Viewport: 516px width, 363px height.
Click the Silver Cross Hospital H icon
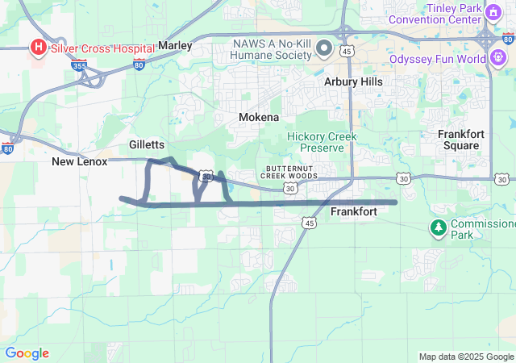pos(38,48)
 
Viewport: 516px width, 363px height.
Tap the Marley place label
pos(175,45)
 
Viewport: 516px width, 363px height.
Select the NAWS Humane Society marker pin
pos(324,48)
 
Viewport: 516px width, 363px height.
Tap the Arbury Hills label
pos(353,82)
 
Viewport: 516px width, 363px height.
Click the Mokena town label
pos(259,118)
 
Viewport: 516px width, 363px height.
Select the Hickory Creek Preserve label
pos(322,143)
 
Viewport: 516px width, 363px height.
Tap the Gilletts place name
pos(147,144)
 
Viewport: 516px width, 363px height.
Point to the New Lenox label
pos(79,162)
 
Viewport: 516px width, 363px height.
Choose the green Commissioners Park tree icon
pos(439,228)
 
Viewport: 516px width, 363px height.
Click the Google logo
pos(27,353)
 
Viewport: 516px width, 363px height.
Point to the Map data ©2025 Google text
pos(466,357)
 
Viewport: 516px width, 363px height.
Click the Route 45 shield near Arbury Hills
pos(346,51)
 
